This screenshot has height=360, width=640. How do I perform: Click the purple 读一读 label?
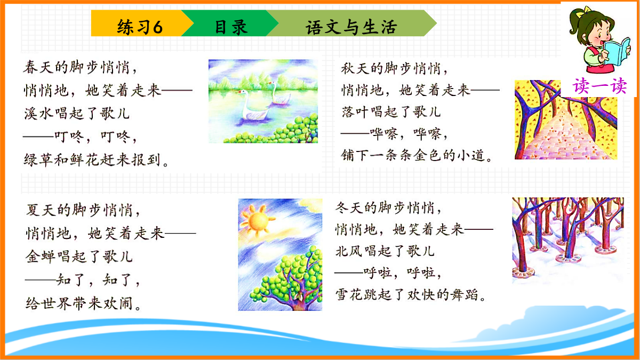599,86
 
